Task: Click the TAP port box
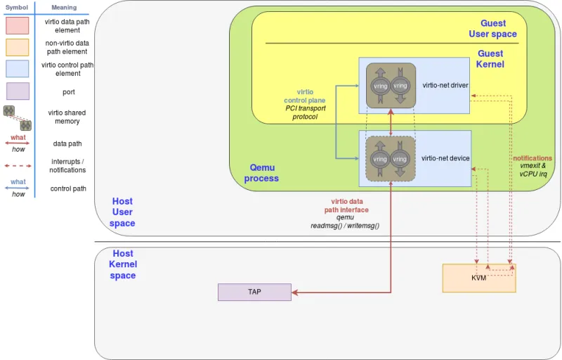254,292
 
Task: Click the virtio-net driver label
445,86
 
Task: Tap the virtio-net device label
445,159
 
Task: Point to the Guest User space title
492,29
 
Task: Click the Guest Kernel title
490,59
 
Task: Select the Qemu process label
261,173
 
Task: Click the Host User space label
122,212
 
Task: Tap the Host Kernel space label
123,264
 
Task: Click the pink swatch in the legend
18,26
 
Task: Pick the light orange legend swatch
18,47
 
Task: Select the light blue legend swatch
18,68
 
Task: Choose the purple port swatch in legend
18,91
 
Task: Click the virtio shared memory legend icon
18,117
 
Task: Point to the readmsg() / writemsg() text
345,226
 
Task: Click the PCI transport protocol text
305,112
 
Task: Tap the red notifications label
532,158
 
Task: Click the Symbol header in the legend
17,7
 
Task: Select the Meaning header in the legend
64,7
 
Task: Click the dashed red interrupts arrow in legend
18,166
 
